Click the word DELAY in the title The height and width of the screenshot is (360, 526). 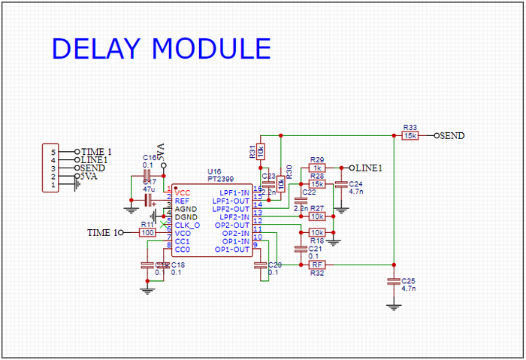[x=95, y=48]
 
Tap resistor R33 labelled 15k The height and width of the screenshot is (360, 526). [x=410, y=136]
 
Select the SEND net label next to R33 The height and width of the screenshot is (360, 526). [x=451, y=136]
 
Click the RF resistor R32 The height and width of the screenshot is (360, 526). [x=317, y=265]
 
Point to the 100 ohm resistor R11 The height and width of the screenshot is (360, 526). [x=147, y=233]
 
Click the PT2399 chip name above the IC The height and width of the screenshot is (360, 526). [x=221, y=180]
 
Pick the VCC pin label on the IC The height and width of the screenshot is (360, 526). [x=183, y=193]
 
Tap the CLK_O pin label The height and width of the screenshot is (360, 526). [x=187, y=225]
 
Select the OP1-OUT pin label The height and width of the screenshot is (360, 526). [x=232, y=249]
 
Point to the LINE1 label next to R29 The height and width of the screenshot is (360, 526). [x=368, y=168]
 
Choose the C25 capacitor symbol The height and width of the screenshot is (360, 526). [x=392, y=281]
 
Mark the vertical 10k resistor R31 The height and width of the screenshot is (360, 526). [x=260, y=151]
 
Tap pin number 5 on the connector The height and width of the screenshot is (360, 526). [x=53, y=152]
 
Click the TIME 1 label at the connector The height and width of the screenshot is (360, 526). [x=96, y=152]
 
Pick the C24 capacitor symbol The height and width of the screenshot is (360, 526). [x=341, y=184]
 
